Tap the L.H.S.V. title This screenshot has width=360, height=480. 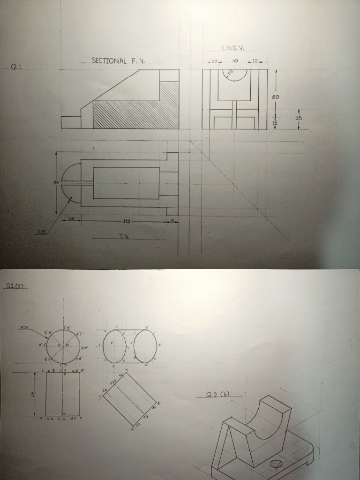tap(233, 48)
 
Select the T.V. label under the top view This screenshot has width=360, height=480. tap(125, 236)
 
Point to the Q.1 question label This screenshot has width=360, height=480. tap(17, 67)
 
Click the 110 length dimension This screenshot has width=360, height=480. tap(127, 221)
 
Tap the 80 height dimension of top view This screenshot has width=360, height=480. tap(55, 182)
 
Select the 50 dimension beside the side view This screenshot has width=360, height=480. tap(276, 97)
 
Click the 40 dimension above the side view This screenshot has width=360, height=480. tap(235, 61)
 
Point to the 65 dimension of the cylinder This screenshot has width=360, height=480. tap(33, 394)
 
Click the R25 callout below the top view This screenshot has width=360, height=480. tap(41, 232)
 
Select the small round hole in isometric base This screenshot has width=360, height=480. tap(276, 465)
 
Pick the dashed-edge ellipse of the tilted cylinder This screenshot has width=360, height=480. tap(115, 346)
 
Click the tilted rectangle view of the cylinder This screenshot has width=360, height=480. tap(129, 399)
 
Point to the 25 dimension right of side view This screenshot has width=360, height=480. tap(299, 118)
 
